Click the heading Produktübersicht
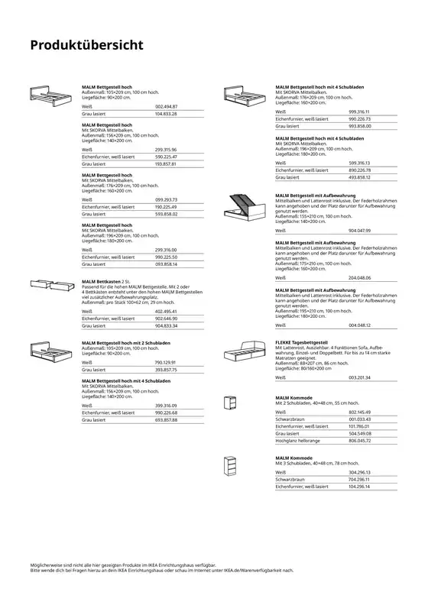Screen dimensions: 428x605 [86, 44]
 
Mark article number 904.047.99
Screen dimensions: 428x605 [359, 229]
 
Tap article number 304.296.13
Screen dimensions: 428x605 [359, 473]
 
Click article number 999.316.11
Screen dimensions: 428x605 [359, 112]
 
